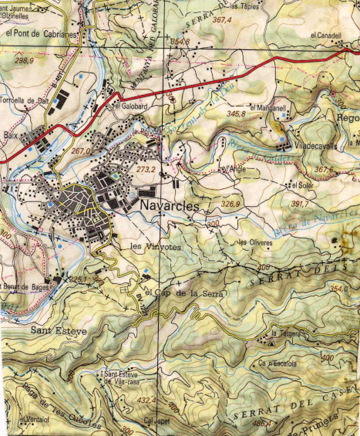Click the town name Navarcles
coord(170,207)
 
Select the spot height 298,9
coord(24,59)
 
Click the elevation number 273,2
coord(146,168)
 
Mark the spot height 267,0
coord(80,151)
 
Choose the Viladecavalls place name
coord(312,143)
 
